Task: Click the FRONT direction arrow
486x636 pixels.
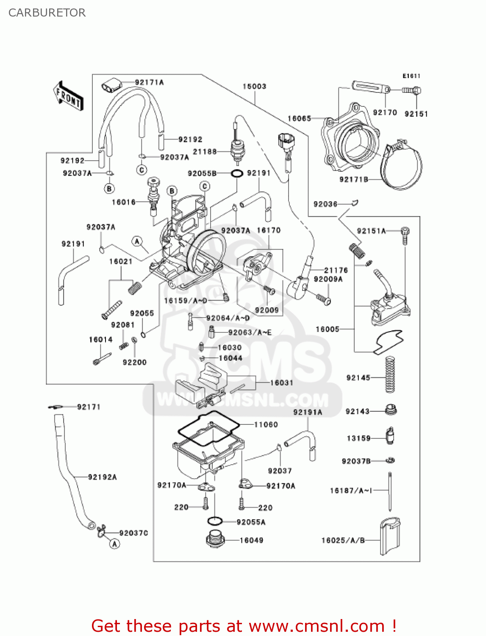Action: point(68,96)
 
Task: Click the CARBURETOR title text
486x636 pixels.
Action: point(47,13)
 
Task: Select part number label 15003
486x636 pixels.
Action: point(254,86)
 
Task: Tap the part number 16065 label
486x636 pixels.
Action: point(299,119)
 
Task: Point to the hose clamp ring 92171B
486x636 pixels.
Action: point(403,167)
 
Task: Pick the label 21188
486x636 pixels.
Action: point(205,151)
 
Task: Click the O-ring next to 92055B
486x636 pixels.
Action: point(237,173)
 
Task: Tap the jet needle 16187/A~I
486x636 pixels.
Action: point(390,492)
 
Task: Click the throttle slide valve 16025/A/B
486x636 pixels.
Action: point(390,536)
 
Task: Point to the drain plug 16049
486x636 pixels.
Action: point(215,539)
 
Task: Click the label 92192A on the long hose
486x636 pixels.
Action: point(103,477)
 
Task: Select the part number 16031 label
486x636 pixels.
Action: point(282,383)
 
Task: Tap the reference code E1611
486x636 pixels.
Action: point(411,76)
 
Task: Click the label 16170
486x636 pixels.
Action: point(269,230)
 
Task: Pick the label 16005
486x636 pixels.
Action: point(328,329)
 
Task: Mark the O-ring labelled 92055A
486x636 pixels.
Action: point(215,521)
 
